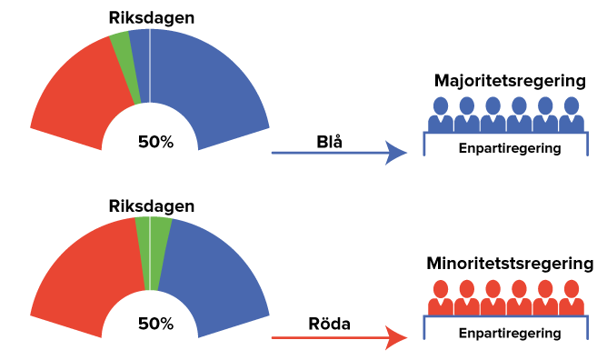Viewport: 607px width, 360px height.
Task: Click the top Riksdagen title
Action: click(x=150, y=18)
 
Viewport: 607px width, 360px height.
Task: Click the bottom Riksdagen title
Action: click(x=150, y=206)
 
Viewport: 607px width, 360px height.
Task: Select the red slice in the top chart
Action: click(x=77, y=100)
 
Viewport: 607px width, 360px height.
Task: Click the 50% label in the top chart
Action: click(x=154, y=142)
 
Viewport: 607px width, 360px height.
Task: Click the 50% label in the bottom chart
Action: click(x=154, y=324)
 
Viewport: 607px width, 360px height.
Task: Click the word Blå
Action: click(x=330, y=142)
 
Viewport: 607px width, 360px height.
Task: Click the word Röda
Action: click(x=330, y=324)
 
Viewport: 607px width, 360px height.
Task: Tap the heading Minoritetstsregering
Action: click(x=509, y=264)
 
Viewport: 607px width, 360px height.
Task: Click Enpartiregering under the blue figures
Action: click(x=509, y=147)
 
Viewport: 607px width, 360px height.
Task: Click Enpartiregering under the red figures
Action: click(x=509, y=333)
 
